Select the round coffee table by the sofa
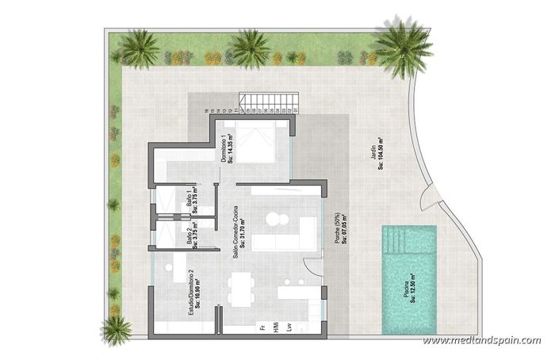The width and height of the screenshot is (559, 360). tap(275, 219)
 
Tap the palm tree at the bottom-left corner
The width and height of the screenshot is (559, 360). tap(117, 329)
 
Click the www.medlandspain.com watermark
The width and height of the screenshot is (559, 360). tap(481, 341)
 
